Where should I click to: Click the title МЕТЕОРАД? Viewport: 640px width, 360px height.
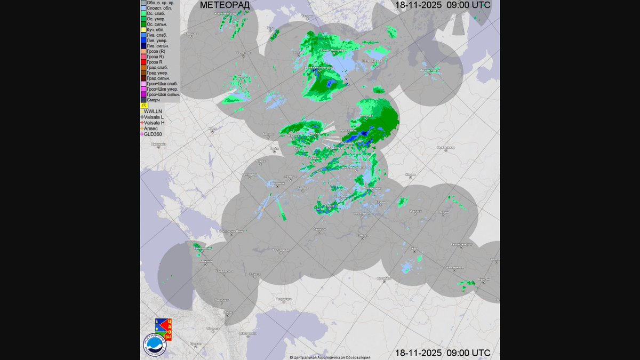[x=224, y=5]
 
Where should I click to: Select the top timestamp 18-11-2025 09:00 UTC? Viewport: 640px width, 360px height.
[x=443, y=5]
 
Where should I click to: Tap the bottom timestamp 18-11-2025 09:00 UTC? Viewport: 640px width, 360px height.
[x=443, y=353]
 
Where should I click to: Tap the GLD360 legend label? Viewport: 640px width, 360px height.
[x=153, y=134]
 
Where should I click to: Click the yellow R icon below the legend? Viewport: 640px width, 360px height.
[x=144, y=106]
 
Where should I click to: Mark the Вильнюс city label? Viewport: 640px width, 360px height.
[x=244, y=53]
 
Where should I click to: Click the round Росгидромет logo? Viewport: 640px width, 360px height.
[x=154, y=344]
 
